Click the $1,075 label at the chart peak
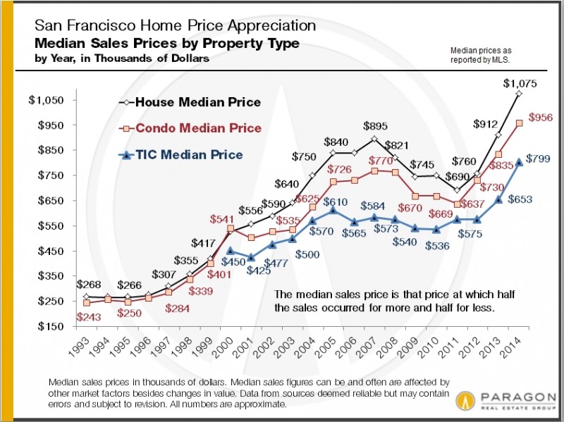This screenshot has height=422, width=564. (x=520, y=84)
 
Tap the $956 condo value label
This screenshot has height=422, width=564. (x=539, y=117)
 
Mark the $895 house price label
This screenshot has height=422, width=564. (x=374, y=126)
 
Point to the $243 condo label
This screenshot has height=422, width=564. (x=88, y=318)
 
